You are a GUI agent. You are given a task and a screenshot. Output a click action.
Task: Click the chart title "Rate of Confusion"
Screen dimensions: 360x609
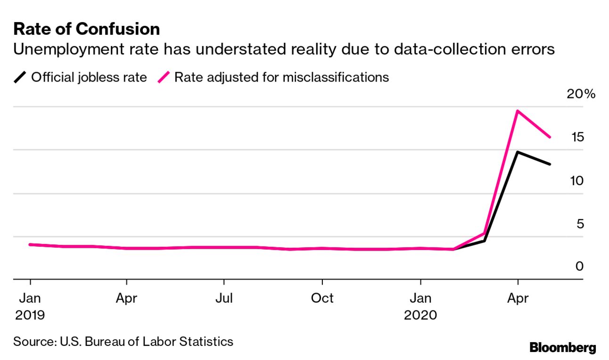point(87,29)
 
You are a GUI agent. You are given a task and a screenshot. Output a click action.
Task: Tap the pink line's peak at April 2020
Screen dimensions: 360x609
point(518,111)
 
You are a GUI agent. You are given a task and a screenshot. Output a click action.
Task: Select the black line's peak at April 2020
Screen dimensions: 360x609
point(518,152)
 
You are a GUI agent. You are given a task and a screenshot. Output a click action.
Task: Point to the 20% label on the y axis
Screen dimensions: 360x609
point(581,94)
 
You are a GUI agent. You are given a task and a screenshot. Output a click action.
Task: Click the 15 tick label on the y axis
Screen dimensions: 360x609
point(577,137)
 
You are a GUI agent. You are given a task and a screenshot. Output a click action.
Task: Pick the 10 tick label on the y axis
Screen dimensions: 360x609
point(577,180)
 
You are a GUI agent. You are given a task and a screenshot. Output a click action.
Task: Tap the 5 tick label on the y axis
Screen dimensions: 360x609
point(580,223)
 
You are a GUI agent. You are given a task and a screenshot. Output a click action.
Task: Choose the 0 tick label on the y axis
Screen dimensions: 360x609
point(580,266)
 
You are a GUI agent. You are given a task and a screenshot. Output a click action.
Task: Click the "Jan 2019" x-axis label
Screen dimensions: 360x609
point(30,306)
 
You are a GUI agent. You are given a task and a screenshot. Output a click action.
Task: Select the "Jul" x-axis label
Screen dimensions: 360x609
point(224,298)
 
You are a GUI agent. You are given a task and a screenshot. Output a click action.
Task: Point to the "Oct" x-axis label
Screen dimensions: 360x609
point(322,298)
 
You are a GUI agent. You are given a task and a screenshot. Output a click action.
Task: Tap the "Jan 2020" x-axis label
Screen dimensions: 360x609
point(420,306)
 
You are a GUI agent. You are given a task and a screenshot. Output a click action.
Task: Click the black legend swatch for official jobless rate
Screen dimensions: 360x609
point(20,77)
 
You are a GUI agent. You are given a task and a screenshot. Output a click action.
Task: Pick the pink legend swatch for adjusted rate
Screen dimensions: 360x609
point(164,77)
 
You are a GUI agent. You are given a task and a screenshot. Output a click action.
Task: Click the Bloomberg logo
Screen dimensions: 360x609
point(562,348)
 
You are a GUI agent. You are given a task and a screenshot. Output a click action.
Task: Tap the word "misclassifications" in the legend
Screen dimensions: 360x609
point(336,77)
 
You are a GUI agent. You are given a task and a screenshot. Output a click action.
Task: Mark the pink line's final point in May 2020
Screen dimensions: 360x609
point(550,137)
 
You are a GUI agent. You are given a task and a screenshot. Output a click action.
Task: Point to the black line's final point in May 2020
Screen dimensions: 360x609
point(550,164)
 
